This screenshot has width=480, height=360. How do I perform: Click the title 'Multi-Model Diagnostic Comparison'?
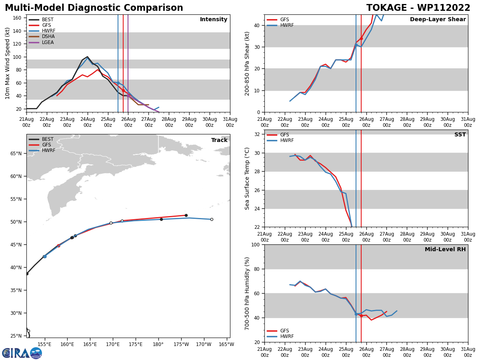pos(94,8)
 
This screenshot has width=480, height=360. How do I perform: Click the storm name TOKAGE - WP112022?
pos(418,8)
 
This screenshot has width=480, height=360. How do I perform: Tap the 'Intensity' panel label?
pos(214,20)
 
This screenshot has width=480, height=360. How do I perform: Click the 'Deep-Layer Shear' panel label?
pos(438,20)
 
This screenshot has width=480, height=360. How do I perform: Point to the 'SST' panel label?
pos(460,135)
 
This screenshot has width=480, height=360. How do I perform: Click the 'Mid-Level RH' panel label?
pos(445,250)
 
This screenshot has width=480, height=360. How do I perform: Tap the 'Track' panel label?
pos(219,140)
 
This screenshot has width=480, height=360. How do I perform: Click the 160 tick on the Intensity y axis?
pos(17,18)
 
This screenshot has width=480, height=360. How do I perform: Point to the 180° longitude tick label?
pos(158,344)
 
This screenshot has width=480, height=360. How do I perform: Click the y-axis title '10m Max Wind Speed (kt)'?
pos(8,63)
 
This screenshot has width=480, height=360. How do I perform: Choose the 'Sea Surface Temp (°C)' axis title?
pos(247,178)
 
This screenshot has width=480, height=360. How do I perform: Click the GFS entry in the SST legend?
pos(284,135)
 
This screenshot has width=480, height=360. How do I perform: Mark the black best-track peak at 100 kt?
pos(87,57)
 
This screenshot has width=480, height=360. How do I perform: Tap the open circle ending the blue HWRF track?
pos(212,219)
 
